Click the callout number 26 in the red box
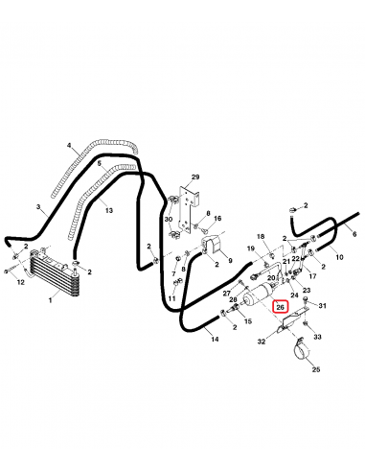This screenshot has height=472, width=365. pyautogui.click(x=280, y=307)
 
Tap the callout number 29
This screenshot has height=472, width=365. pyautogui.click(x=195, y=177)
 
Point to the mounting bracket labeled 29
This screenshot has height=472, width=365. pyautogui.click(x=189, y=208)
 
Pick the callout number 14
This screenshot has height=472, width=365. pyautogui.click(x=215, y=339)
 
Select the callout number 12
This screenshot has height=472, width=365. pyautogui.click(x=20, y=282)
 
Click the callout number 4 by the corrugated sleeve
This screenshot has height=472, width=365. pyautogui.click(x=69, y=146)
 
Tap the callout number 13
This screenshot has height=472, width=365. pyautogui.click(x=109, y=210)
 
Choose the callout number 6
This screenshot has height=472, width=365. pyautogui.click(x=354, y=234)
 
